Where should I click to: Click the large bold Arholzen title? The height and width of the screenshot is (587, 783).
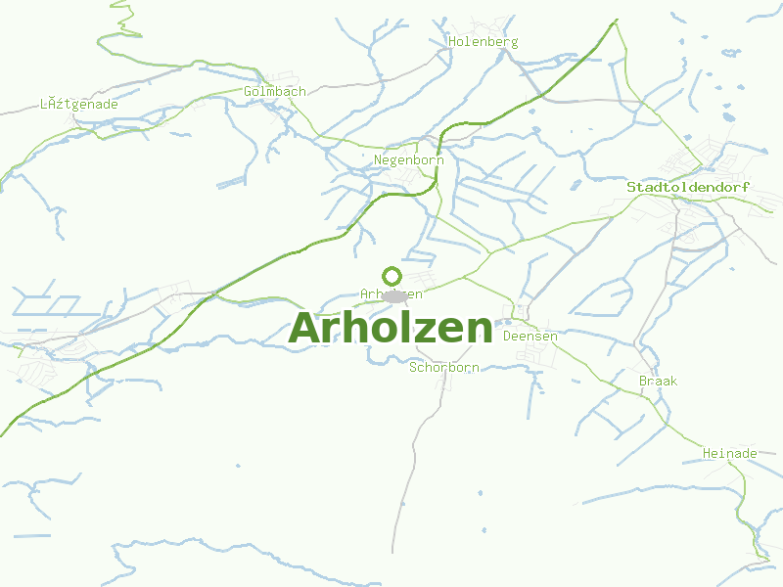click(391, 328)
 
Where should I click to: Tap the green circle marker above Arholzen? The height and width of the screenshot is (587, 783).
click(391, 276)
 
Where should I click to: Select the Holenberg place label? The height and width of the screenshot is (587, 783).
click(483, 42)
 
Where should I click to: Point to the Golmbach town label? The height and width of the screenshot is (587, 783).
click(275, 91)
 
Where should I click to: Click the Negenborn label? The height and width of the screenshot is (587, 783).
click(409, 159)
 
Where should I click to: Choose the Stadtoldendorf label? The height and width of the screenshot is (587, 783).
click(688, 187)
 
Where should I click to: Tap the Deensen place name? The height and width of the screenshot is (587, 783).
click(530, 336)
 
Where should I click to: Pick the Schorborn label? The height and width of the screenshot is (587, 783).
click(443, 368)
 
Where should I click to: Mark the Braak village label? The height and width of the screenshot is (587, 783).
click(658, 381)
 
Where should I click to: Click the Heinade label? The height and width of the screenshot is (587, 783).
click(730, 453)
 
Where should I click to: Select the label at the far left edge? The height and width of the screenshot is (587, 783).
click(79, 104)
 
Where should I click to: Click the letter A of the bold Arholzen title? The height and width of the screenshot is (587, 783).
click(308, 328)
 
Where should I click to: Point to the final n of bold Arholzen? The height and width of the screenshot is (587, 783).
click(478, 330)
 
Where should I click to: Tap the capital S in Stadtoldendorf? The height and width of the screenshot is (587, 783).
click(631, 187)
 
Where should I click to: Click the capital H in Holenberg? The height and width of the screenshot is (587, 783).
click(453, 42)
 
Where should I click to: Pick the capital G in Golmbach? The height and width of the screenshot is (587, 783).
click(249, 91)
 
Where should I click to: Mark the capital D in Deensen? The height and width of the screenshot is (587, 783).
click(507, 336)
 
